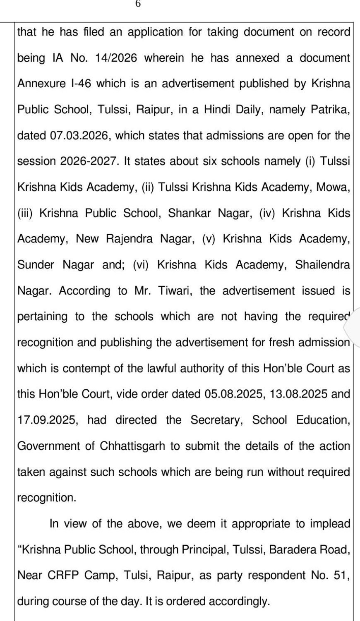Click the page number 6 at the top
[x=138, y=4]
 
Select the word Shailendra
[x=323, y=265]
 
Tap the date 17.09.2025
[x=47, y=420]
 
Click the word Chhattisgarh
[x=134, y=446]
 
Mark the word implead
[x=327, y=524]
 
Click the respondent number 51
[x=341, y=575]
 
